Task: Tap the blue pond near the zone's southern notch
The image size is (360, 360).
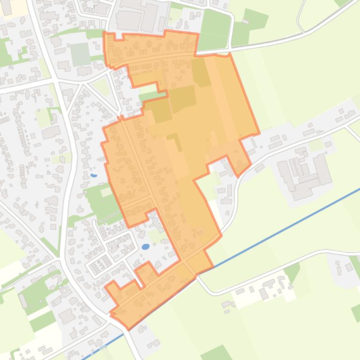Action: coord(146,246)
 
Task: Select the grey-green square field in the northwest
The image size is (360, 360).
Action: coord(80,54)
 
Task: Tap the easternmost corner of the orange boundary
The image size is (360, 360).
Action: coord(259,134)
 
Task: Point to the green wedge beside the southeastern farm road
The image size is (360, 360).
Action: coord(292,271)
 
